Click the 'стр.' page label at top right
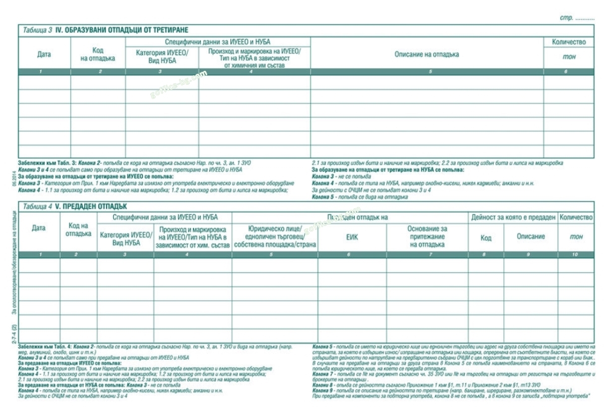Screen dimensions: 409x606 click(566, 18)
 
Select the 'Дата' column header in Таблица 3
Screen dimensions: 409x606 click(44, 54)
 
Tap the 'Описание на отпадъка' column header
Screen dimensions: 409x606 click(427, 54)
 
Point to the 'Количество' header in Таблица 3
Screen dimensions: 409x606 click(569, 42)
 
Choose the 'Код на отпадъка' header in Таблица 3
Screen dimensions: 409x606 click(98, 54)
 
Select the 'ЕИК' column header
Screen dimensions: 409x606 click(352, 237)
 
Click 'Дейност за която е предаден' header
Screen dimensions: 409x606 click(513, 217)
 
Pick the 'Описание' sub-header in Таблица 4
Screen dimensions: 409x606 click(531, 236)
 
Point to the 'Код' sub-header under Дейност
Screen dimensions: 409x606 click(486, 238)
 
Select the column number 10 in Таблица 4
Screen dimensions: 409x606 click(576, 255)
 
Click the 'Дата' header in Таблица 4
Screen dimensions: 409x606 click(38, 228)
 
